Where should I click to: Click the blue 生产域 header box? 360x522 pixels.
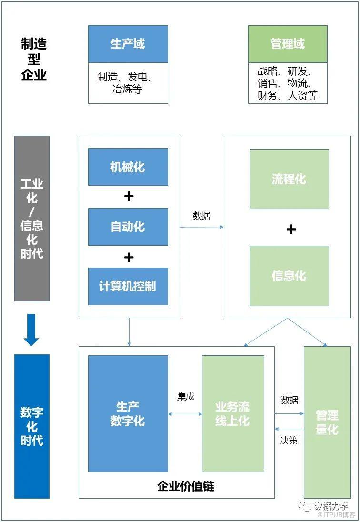coord(128,44)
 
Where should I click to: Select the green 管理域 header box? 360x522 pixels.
coord(288,44)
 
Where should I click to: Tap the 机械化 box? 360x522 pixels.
coord(128,167)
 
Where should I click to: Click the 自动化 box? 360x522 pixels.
coord(128,227)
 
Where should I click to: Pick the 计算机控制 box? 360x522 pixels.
coord(128,286)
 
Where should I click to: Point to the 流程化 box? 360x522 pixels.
coord(289,179)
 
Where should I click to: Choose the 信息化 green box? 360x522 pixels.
coord(289,276)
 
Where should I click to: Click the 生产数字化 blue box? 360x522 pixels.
coord(128,413)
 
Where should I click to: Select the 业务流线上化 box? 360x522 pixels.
coord(233,413)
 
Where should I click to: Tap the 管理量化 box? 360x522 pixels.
coord(327,422)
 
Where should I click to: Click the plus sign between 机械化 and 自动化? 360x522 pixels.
coord(129,196)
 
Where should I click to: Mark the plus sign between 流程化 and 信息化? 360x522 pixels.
coord(291,229)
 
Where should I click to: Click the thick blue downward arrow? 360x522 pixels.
coord(31,329)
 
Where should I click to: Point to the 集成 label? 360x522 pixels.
coord(186,396)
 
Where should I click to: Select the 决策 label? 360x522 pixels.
coord(289,441)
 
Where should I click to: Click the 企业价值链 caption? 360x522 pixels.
coord(186,486)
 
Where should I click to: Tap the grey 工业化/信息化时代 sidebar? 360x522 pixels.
coord(32,219)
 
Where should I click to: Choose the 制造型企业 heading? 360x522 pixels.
coord(34,60)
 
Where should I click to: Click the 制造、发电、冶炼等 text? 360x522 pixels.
coord(128,83)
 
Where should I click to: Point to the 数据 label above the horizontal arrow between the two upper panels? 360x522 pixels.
coord(201,215)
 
